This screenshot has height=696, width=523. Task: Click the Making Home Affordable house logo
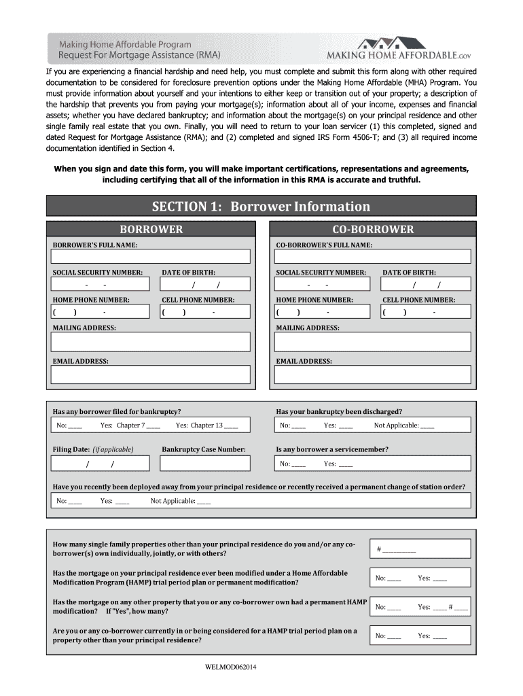[x=385, y=42]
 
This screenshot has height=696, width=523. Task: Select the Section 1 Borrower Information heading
[x=261, y=207]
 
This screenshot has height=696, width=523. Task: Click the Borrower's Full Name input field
[x=151, y=256]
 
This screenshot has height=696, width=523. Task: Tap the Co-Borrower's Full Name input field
[x=372, y=256]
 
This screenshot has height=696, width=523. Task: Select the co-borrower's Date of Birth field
[x=425, y=284]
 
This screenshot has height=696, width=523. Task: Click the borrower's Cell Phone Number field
[x=204, y=312]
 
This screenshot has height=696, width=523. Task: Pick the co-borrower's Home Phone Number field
[x=323, y=312]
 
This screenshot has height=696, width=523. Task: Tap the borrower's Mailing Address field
[x=151, y=341]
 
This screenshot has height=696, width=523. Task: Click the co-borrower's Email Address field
[x=372, y=375]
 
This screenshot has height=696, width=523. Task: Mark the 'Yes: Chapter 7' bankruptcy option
[x=154, y=426]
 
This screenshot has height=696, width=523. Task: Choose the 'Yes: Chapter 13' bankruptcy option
[x=230, y=426]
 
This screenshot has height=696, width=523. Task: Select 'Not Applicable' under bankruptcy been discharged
[x=427, y=426]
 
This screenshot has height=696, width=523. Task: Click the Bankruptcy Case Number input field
[x=204, y=464]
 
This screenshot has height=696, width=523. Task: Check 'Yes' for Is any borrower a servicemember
[x=345, y=464]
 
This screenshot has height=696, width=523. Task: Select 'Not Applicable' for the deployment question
[x=202, y=502]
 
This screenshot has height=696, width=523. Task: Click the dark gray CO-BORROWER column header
[x=372, y=230]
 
